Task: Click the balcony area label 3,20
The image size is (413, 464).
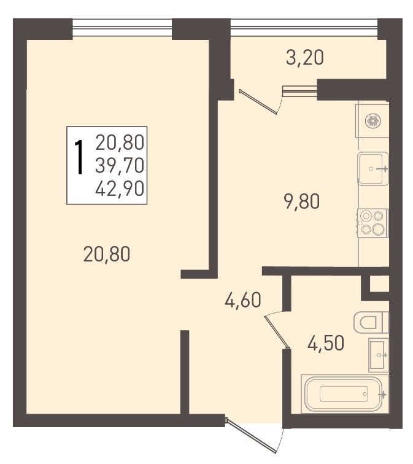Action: (x=305, y=58)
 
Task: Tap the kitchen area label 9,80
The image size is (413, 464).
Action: (x=302, y=202)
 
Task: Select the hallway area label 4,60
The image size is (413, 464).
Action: (x=243, y=300)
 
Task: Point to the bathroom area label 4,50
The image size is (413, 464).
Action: (x=326, y=343)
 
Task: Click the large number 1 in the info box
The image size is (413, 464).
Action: (x=79, y=157)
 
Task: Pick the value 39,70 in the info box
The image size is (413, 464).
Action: (x=120, y=165)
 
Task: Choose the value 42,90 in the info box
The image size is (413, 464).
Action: (x=120, y=188)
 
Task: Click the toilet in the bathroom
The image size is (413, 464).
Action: (x=371, y=322)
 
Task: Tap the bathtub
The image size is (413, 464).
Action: (x=345, y=394)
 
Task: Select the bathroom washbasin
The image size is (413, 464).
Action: (x=379, y=355)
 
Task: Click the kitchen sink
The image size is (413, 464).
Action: (x=372, y=169)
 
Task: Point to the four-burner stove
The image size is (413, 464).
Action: (x=372, y=223)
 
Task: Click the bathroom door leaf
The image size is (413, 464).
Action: (x=277, y=331)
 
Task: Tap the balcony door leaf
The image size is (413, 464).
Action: (x=258, y=101)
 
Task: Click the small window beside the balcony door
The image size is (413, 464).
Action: (x=299, y=91)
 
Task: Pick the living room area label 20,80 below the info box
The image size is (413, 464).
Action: (x=107, y=255)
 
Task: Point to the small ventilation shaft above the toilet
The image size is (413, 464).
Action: (x=379, y=284)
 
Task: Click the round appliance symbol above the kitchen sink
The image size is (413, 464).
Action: (x=372, y=122)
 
